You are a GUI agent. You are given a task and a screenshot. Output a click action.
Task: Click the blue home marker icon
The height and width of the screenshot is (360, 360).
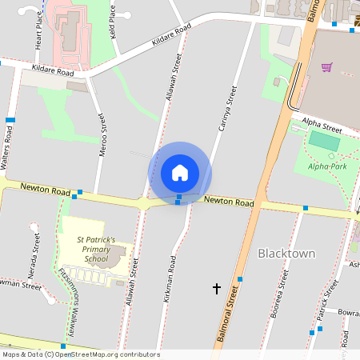[180, 173]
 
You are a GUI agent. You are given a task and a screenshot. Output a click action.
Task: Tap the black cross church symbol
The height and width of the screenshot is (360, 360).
[216, 288]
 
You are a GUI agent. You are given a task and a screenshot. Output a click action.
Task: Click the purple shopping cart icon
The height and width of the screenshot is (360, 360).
[326, 67]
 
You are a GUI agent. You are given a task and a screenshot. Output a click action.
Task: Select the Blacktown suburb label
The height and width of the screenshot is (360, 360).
[286, 254]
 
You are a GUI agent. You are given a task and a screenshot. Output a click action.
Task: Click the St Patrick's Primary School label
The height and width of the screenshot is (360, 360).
[96, 249]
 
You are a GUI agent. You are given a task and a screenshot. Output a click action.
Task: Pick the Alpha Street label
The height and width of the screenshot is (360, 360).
[322, 126]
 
